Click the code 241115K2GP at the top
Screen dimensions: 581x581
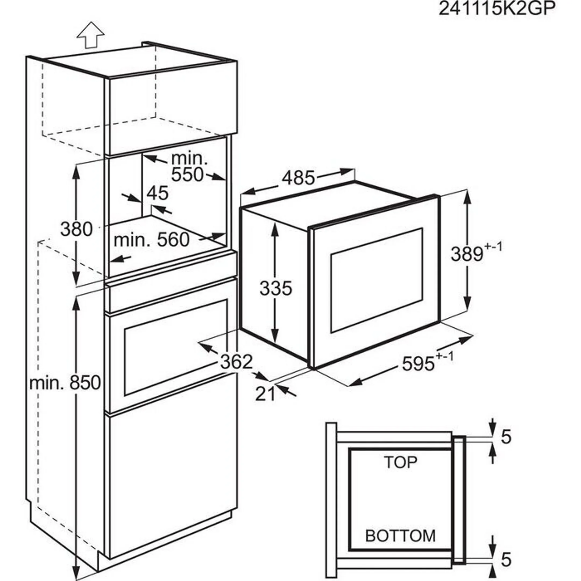point(497,9)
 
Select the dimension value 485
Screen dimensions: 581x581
point(298,178)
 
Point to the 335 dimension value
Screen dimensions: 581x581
point(275,288)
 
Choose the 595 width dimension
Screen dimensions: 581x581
point(418,364)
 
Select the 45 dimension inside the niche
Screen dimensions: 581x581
point(158,193)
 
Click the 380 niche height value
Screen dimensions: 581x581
point(76,229)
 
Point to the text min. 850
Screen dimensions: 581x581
point(65,383)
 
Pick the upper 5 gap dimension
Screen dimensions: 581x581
point(506,437)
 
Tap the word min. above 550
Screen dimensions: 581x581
point(189,158)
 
